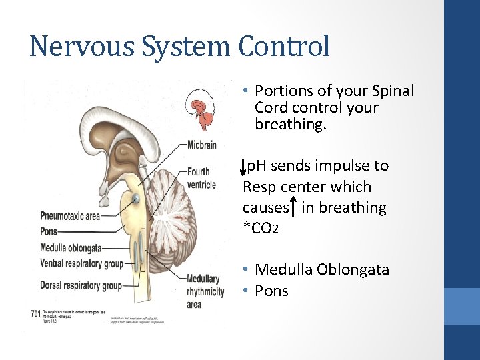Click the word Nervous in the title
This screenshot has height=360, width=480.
[x=74, y=47]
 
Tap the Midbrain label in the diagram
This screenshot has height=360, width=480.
[x=201, y=145]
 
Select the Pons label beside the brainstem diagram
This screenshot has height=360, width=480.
[x=49, y=231]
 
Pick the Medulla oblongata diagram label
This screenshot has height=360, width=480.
[x=71, y=247]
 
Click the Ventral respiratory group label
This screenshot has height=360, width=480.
[x=81, y=263]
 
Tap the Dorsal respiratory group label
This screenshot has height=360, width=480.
[x=81, y=286]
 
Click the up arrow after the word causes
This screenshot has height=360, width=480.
[x=294, y=207]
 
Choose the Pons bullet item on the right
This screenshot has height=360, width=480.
[x=271, y=291]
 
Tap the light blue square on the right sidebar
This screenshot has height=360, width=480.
[x=462, y=306]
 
